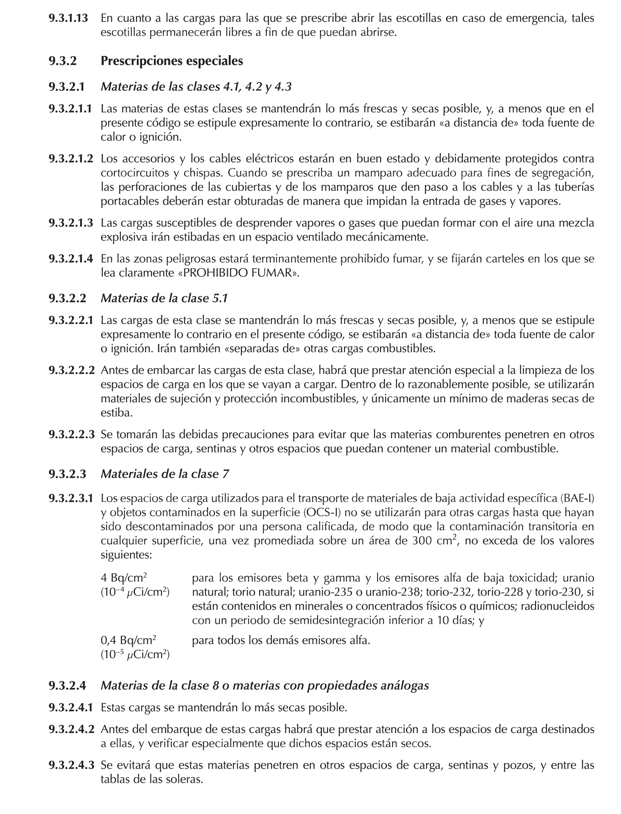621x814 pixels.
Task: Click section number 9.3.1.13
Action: [x=68, y=18]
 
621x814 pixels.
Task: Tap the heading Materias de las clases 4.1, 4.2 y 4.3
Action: [x=196, y=87]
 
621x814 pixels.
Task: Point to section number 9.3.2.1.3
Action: [x=71, y=223]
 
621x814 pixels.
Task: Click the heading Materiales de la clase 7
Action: [x=165, y=474]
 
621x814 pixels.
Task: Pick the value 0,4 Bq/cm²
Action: [x=128, y=640]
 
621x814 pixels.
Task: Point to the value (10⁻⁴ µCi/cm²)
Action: [x=135, y=592]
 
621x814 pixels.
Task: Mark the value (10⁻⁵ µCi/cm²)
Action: [x=135, y=654]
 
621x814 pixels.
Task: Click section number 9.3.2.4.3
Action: [x=71, y=765]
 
